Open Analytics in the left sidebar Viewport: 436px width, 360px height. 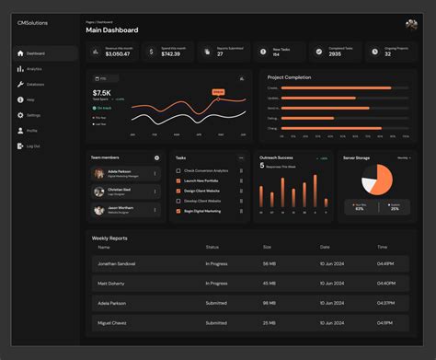tap(34, 68)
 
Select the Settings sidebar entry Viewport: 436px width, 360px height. tap(33, 115)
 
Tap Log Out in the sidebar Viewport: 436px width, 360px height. tap(33, 146)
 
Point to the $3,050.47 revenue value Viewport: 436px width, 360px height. tap(118, 54)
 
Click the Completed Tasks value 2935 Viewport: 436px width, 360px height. tap(335, 54)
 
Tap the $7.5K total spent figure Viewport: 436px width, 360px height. tap(102, 93)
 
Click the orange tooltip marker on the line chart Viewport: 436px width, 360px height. tap(218, 91)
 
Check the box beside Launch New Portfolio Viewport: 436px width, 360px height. tap(178, 180)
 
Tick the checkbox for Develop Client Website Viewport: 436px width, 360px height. tap(178, 200)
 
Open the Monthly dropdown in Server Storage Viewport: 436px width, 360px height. tap(403, 157)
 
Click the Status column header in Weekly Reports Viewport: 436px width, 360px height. tap(212, 247)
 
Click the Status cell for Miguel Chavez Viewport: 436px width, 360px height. tap(217, 322)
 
